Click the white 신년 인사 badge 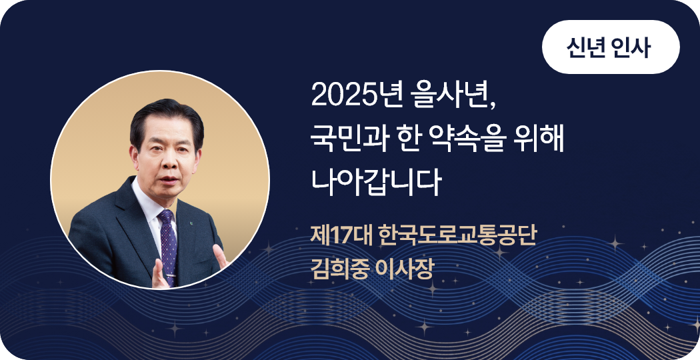coord(610,47)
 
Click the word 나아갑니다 coord(376,183)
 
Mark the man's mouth coord(168,180)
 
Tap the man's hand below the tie coord(159,274)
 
